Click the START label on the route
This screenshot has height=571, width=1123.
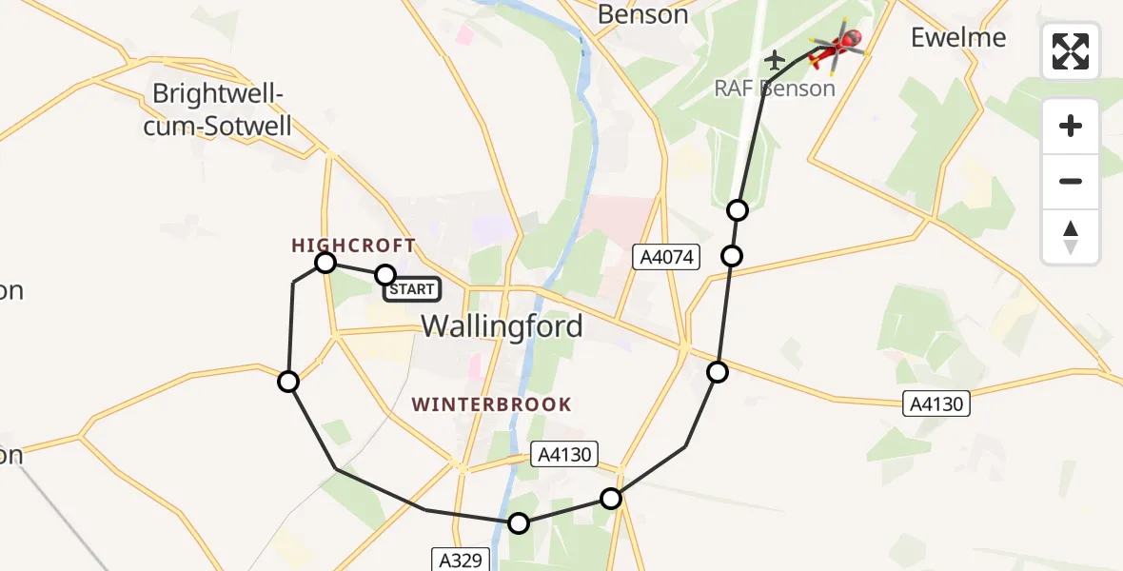click(412, 289)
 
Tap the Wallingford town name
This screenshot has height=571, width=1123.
click(502, 326)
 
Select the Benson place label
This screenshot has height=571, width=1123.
click(642, 14)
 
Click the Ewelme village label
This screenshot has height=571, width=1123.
click(958, 37)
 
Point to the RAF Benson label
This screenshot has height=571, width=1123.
click(775, 89)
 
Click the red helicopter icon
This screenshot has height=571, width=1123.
click(837, 48)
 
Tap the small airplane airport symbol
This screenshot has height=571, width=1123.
click(775, 60)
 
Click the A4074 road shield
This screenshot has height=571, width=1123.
click(669, 256)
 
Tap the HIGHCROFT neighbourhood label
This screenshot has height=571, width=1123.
click(353, 246)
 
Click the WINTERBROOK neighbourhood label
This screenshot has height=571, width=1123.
click(491, 404)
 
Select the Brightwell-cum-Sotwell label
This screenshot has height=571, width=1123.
click(218, 110)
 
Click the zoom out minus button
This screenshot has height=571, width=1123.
click(1071, 181)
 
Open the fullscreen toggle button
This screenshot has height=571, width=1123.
click(1071, 51)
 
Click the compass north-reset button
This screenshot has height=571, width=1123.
click(1071, 236)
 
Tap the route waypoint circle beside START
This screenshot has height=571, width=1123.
click(384, 275)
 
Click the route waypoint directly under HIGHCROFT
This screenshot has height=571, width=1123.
click(325, 262)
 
